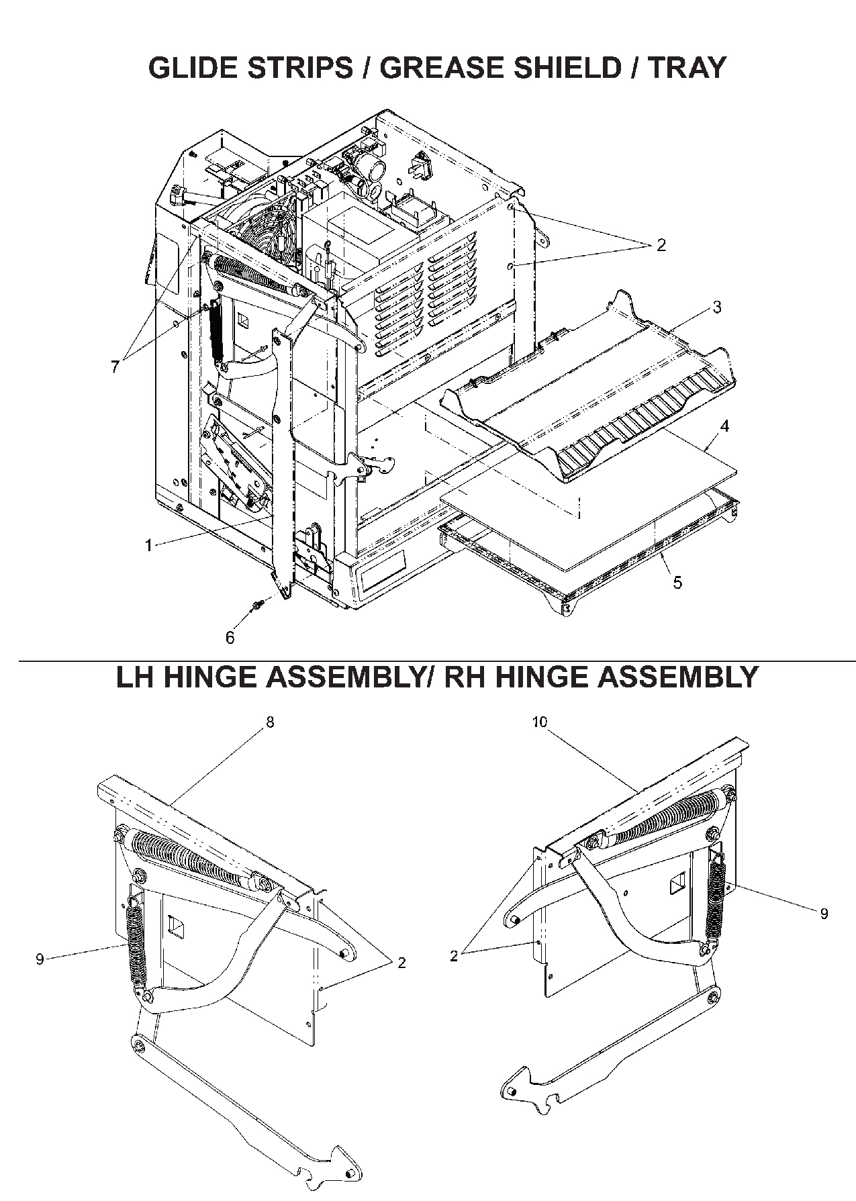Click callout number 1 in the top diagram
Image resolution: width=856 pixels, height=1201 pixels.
(148, 546)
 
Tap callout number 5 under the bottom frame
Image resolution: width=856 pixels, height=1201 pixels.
(677, 582)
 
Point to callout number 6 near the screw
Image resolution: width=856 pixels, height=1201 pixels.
(230, 638)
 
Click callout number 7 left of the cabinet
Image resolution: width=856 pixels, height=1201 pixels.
(115, 367)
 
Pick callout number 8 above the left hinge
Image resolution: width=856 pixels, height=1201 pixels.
(270, 722)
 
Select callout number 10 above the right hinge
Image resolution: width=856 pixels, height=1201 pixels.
(540, 722)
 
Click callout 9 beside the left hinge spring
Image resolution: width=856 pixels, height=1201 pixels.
(40, 959)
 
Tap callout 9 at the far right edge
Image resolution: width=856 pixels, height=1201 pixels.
(824, 913)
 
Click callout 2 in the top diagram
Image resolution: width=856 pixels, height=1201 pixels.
(661, 245)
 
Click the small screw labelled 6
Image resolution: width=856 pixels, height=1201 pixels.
(256, 606)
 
